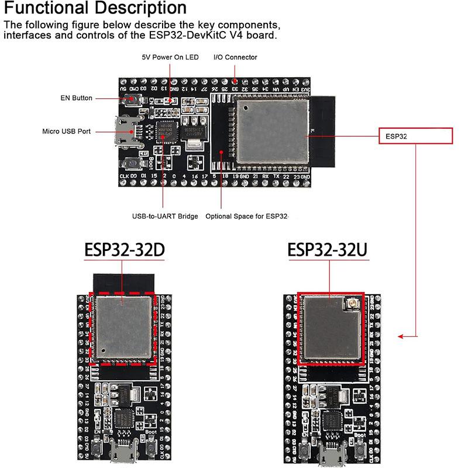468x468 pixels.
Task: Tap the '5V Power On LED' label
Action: point(170,57)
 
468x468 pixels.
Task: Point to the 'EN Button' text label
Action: point(77,98)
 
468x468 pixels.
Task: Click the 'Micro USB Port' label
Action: point(67,132)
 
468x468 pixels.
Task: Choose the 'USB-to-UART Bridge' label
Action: point(165,216)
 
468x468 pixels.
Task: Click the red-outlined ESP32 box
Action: point(415,136)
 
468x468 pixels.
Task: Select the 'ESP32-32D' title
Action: point(124,250)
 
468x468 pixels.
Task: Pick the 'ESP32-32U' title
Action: point(328,250)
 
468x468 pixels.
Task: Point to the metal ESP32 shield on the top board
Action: point(272,130)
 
